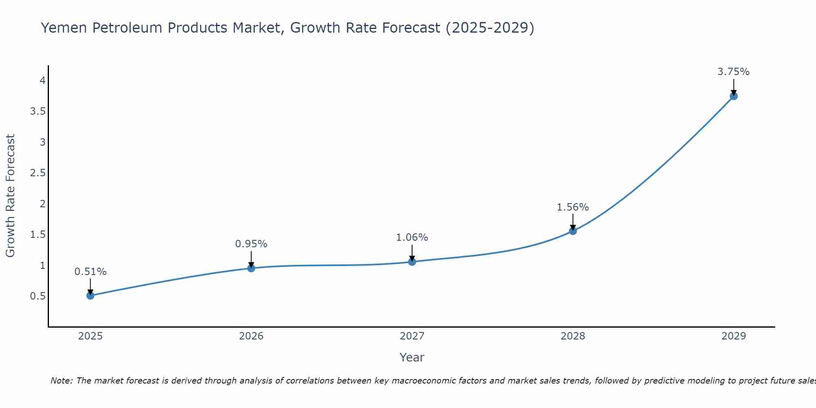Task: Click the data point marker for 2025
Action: (91, 295)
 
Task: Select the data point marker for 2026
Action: (251, 268)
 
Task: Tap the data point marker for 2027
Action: (412, 262)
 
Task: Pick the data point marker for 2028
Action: (573, 231)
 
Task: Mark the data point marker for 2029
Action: (734, 96)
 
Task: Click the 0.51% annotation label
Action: (91, 272)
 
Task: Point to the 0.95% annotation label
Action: (251, 244)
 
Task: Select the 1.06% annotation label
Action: (412, 237)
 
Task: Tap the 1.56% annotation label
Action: (573, 207)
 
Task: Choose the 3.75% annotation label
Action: (734, 72)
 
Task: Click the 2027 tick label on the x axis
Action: (412, 336)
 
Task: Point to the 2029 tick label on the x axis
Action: (734, 336)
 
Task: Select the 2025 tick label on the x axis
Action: (91, 336)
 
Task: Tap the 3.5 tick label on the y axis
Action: (38, 111)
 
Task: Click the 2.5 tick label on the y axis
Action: (38, 173)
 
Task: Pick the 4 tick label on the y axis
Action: (42, 81)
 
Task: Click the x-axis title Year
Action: (412, 357)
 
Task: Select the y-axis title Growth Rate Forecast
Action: (11, 195)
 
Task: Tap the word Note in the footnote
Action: (61, 381)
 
